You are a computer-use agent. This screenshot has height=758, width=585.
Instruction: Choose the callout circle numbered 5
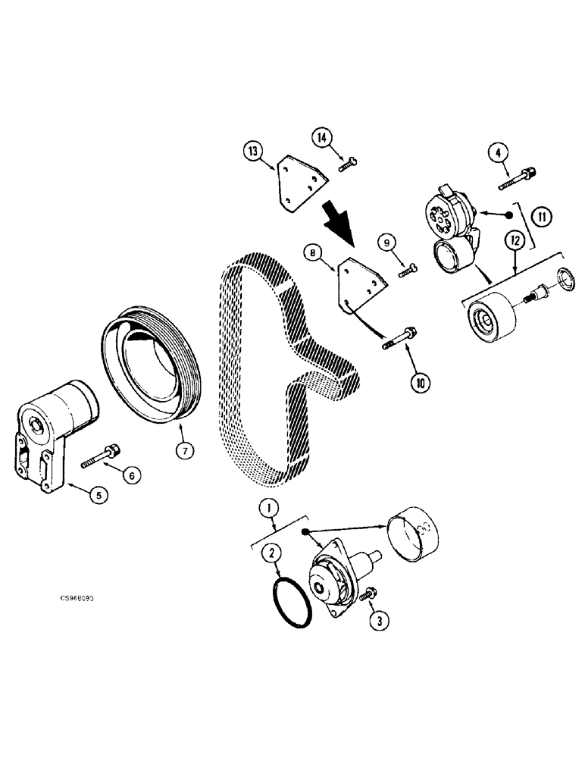tap(98, 496)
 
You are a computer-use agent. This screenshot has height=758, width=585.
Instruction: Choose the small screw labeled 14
tap(350, 158)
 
